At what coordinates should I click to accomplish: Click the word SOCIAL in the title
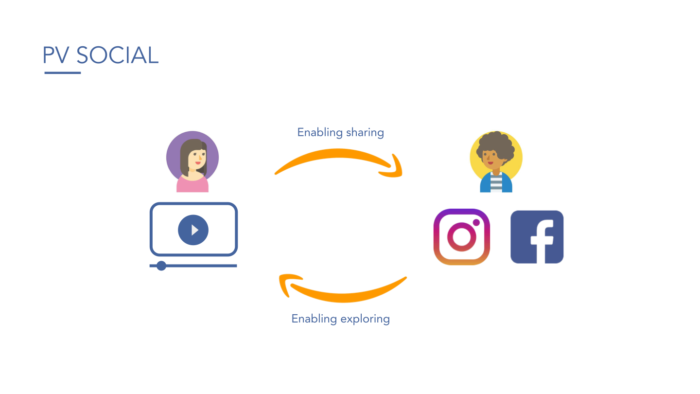(118, 55)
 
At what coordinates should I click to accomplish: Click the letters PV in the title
(57, 55)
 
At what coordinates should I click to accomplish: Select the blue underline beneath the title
(63, 73)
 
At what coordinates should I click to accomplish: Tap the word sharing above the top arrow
(365, 132)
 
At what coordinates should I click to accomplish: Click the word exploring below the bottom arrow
(365, 319)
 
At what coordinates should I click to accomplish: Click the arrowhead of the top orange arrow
(396, 167)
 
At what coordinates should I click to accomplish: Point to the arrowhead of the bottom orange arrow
(287, 284)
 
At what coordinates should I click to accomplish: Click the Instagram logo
(461, 237)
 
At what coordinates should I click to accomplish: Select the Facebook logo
(537, 237)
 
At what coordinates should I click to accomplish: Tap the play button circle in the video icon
(193, 230)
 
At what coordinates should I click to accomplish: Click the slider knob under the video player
(161, 266)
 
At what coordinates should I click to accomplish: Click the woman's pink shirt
(192, 185)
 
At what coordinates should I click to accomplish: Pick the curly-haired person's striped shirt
(496, 184)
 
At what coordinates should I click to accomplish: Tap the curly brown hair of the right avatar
(496, 143)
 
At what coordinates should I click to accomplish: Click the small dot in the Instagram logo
(476, 223)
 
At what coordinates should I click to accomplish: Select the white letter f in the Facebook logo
(540, 241)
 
